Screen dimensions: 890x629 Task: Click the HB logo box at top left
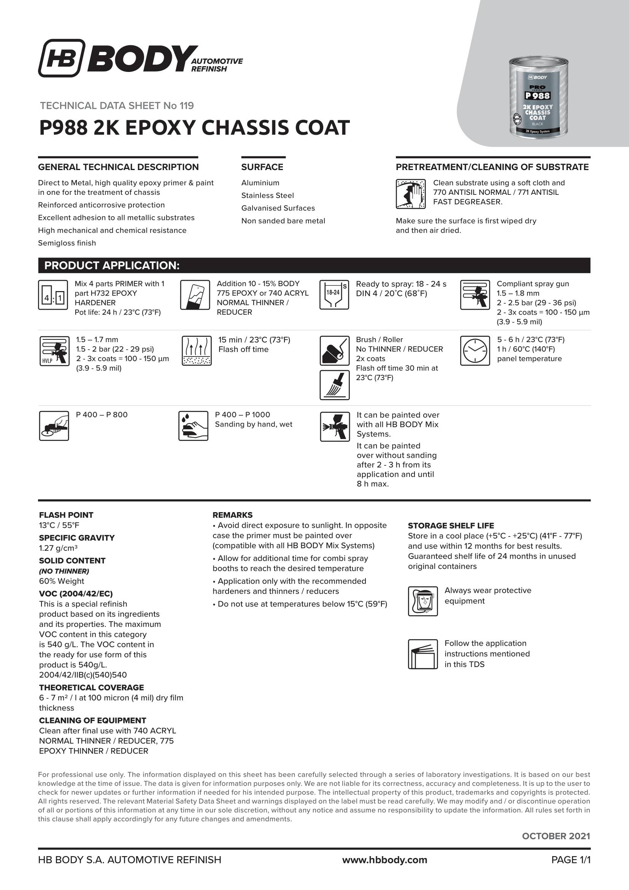pos(62,58)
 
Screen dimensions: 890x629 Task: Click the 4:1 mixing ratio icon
pos(54,295)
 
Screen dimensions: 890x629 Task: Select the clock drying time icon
pos(475,351)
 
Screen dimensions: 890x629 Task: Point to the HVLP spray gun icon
pos(54,351)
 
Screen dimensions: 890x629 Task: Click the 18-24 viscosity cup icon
pos(334,295)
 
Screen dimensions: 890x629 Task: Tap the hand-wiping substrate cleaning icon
pos(411,194)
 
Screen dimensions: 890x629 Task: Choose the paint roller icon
pos(335,351)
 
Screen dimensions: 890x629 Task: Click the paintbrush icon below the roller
pos(335,385)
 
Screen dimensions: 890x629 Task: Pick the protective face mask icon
pos(423,601)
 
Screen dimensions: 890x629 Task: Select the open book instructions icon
pos(423,654)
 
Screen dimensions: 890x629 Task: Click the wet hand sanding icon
pos(193,426)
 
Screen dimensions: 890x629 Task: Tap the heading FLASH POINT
pos(66,515)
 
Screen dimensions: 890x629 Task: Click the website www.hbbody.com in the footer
pos(384,860)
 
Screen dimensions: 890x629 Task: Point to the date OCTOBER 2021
pos(556,836)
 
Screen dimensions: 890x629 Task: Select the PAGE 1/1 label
pos(571,860)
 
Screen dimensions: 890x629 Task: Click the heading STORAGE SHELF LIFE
pos(451,525)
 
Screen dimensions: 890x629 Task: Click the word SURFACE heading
pos(262,167)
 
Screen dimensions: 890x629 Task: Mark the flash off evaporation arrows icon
pos(197,351)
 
